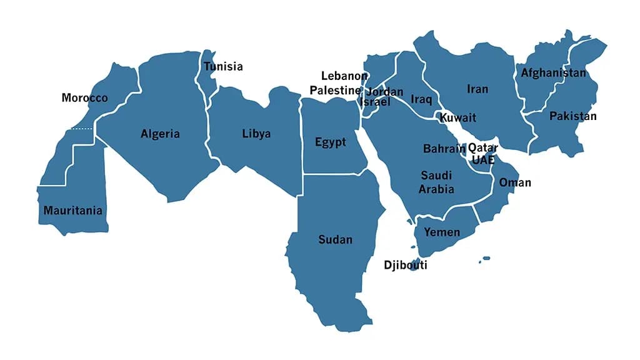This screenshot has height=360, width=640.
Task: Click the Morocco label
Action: coord(84,98)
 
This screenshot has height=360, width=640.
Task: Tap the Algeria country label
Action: coord(160,134)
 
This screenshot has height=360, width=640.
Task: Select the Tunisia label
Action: coord(223,67)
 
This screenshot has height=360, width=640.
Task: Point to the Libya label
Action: coord(256,134)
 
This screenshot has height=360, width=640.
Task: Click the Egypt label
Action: coord(330,142)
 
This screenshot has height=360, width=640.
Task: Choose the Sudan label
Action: coord(335,239)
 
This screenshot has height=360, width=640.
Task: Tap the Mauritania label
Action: coord(72,211)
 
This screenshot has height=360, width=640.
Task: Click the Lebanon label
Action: coord(344,76)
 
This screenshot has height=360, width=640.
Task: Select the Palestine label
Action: coord(335,91)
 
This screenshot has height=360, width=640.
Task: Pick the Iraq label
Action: coord(421,99)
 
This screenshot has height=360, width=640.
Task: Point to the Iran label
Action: coord(477,89)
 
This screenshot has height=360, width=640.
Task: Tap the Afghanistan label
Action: coord(554,73)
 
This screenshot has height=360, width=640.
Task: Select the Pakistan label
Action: coord(572,116)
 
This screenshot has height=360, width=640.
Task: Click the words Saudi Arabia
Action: coord(436,182)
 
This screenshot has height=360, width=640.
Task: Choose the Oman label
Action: coord(515,182)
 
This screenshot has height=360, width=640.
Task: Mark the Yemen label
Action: coord(442,232)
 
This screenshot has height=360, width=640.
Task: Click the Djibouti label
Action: coord(406,265)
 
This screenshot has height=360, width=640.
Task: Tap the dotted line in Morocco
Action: coord(81,129)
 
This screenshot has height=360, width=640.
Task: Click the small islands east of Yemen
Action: coord(485,259)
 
